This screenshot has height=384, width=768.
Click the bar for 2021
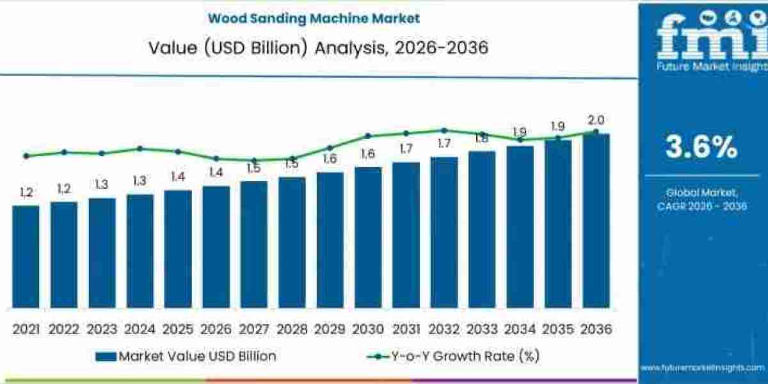[26, 256]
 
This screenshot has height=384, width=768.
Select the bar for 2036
[596, 221]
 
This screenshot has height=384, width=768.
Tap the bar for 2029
[330, 240]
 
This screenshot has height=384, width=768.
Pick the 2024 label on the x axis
[140, 329]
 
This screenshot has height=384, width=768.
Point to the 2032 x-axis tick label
[444, 329]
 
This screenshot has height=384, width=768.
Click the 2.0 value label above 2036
[596, 120]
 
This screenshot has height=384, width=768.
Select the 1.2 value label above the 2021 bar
[26, 192]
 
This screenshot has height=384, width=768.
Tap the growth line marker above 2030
[368, 136]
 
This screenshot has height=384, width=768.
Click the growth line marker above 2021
[26, 156]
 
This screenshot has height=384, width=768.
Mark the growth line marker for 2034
[520, 140]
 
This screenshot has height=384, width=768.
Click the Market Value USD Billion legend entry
[186, 356]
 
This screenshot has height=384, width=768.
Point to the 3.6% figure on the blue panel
[701, 148]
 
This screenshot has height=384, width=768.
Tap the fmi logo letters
[704, 38]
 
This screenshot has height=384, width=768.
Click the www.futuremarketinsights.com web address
[702, 367]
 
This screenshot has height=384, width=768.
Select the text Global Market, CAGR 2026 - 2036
[701, 199]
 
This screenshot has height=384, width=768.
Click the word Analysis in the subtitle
[349, 48]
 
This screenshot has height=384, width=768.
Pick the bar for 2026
[216, 246]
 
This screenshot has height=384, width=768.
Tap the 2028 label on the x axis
[292, 329]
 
